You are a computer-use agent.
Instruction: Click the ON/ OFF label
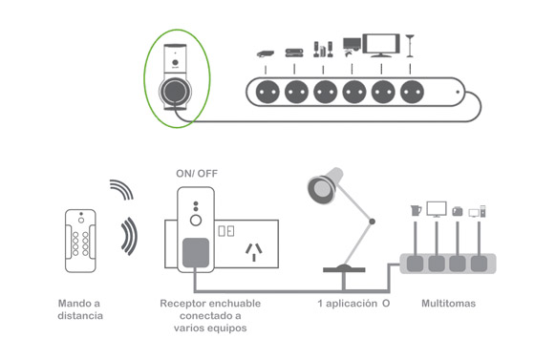click(197, 174)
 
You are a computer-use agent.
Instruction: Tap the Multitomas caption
click(449, 304)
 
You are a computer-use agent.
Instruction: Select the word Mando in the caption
click(70, 304)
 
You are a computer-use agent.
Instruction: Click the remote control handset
click(80, 241)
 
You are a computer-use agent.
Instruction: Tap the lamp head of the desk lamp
click(325, 185)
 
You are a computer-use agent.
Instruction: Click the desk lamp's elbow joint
click(372, 222)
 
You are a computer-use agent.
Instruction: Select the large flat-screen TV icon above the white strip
click(381, 45)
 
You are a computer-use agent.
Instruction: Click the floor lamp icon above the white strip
click(410, 46)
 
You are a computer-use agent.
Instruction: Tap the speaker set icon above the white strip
click(323, 50)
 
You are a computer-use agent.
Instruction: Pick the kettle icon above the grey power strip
click(416, 210)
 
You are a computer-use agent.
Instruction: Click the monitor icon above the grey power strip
click(437, 209)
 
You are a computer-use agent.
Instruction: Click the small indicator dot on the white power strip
click(458, 92)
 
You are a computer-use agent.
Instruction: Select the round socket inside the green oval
click(175, 91)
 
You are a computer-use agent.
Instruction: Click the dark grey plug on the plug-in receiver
click(196, 253)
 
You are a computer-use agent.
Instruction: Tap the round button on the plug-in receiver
click(196, 221)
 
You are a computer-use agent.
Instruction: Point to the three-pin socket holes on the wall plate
click(254, 251)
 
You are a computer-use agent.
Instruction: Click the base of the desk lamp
click(344, 269)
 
